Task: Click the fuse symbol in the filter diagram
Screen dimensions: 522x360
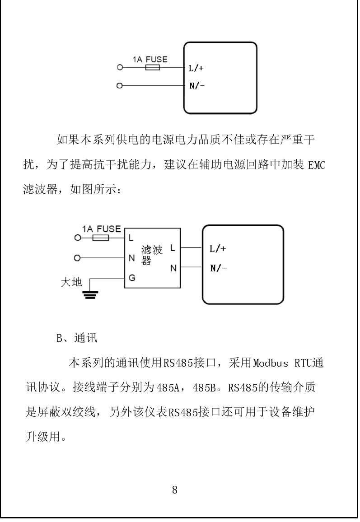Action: [100, 238]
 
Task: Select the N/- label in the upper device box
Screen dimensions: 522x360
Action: [195, 85]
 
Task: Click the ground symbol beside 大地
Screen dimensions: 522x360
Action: [91, 294]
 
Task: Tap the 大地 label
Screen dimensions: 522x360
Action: [71, 283]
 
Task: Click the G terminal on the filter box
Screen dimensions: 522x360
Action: [132, 278]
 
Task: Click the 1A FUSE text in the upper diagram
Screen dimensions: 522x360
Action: [150, 59]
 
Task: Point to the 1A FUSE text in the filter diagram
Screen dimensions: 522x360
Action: [101, 229]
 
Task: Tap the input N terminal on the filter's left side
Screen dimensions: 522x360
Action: [132, 258]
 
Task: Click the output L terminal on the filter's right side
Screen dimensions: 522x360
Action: [173, 248]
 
